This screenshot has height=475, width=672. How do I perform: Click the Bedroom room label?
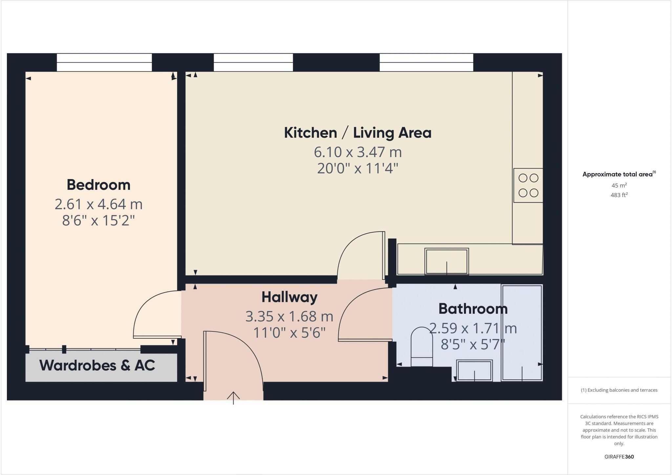pos(98,185)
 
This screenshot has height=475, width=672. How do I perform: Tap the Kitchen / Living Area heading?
pos(358,133)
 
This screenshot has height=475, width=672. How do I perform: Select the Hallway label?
pos(289,297)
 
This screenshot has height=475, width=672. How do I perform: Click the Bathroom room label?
pos(473,309)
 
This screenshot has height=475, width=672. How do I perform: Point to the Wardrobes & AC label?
pos(97,365)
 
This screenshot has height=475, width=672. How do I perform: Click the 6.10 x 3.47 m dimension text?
pos(358,152)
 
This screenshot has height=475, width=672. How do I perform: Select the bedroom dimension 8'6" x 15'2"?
pos(98,221)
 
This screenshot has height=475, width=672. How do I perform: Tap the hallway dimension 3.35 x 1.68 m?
pos(289,317)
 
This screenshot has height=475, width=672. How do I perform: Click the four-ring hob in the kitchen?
pos(528,185)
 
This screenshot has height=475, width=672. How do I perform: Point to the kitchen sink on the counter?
pos(447,261)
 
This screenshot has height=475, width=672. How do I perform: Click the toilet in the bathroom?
pos(422,347)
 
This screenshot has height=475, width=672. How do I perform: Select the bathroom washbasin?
pos(474,371)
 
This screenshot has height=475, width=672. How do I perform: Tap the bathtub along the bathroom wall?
pos(522,332)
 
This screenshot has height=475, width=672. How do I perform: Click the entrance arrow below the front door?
pos(233,397)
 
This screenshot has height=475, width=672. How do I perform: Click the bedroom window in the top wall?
pos(104,62)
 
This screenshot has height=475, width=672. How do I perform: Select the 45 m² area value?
pos(619,185)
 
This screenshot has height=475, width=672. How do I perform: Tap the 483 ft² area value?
pos(619,195)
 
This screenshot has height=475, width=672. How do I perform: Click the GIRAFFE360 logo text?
pos(619,457)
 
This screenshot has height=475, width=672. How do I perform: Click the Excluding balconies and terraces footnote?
pos(619,390)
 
